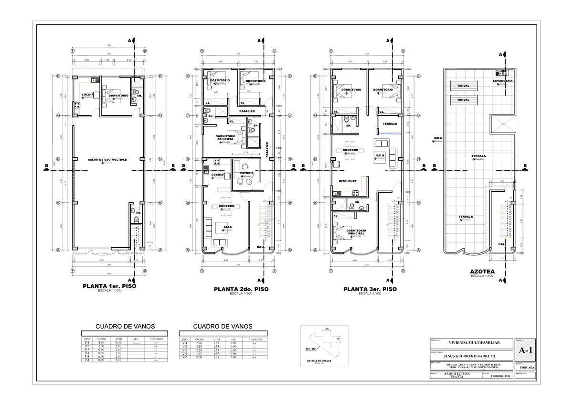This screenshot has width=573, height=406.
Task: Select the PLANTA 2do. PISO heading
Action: coord(241,289)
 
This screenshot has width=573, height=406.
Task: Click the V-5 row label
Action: coord(185,357)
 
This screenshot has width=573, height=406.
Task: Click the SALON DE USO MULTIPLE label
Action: coord(107,159)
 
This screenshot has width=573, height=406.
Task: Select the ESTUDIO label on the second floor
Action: coord(246,173)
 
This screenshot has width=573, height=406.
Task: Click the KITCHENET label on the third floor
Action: coord(348,182)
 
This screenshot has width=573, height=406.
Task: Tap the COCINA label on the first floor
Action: coord(87,95)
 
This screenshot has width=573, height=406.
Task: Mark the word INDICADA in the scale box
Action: coord(525,368)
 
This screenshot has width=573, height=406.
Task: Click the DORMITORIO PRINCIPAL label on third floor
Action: coord(356,232)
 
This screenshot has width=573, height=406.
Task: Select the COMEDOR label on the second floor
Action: coord(226,206)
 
